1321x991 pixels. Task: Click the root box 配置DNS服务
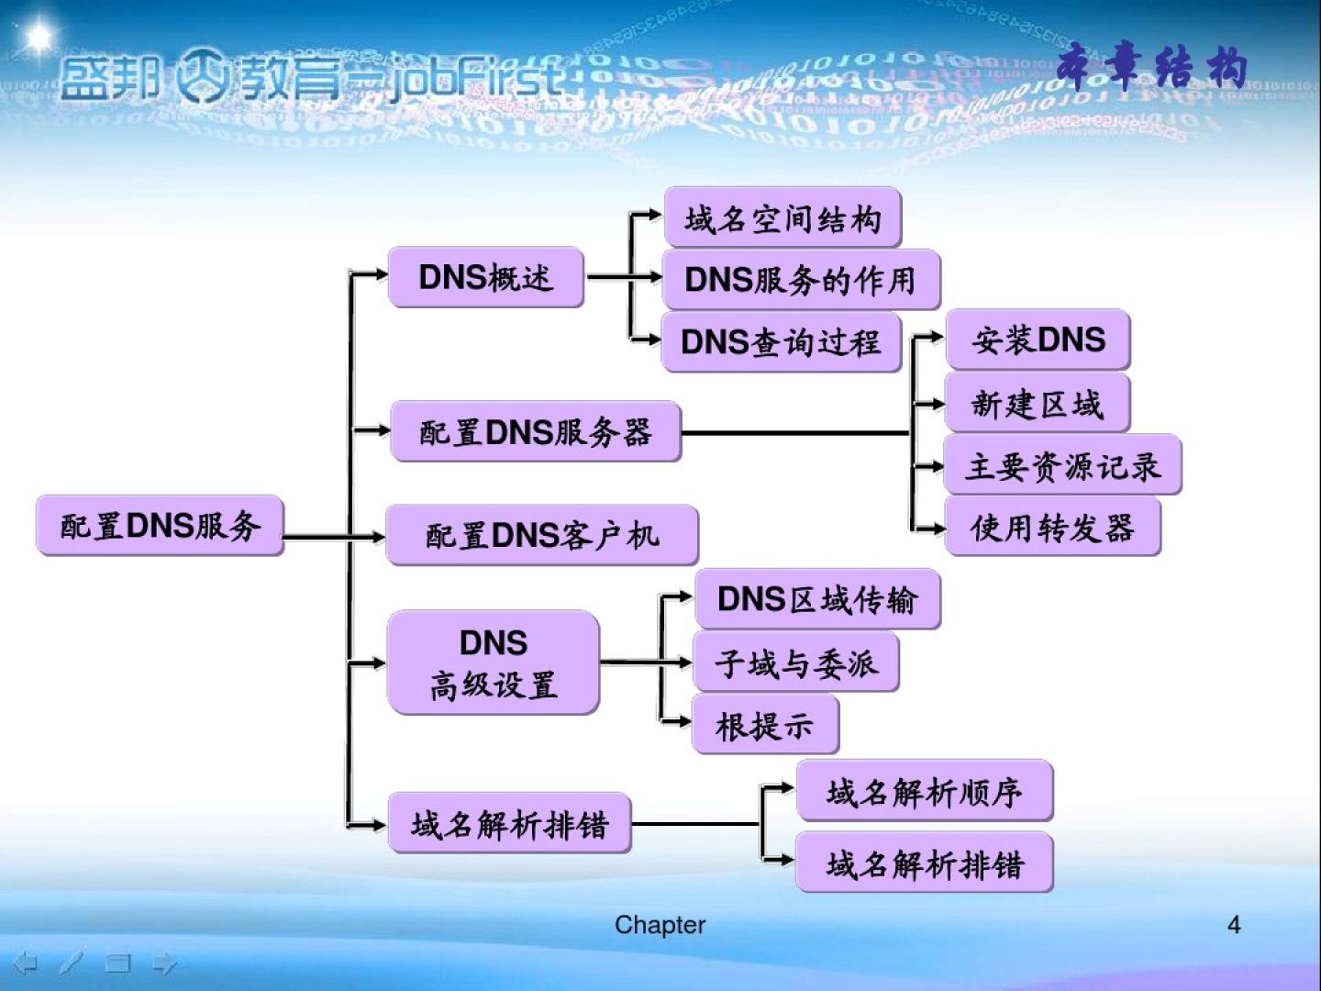[x=160, y=526]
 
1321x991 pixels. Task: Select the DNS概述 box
[x=485, y=276]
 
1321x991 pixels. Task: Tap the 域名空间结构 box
[x=783, y=218]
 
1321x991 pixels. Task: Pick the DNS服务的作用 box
[x=800, y=280]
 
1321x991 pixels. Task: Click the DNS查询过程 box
[x=781, y=342]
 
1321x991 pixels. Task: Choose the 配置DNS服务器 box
[x=536, y=431]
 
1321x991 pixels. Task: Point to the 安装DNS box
[x=1038, y=340]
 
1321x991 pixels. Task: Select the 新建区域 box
[x=1037, y=403]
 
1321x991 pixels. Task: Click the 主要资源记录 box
[x=1062, y=465]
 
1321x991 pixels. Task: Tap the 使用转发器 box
[x=1052, y=527]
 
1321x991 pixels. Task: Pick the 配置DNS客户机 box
[x=541, y=535]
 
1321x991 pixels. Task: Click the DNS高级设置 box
[x=493, y=663]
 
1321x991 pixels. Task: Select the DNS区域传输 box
[x=816, y=599]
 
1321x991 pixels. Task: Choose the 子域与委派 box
[x=795, y=663]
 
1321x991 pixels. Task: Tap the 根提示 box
[x=765, y=725]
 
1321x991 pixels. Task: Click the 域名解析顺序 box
[x=924, y=791]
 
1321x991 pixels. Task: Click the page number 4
[x=1234, y=924]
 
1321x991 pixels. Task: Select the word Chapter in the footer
[x=660, y=925]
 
